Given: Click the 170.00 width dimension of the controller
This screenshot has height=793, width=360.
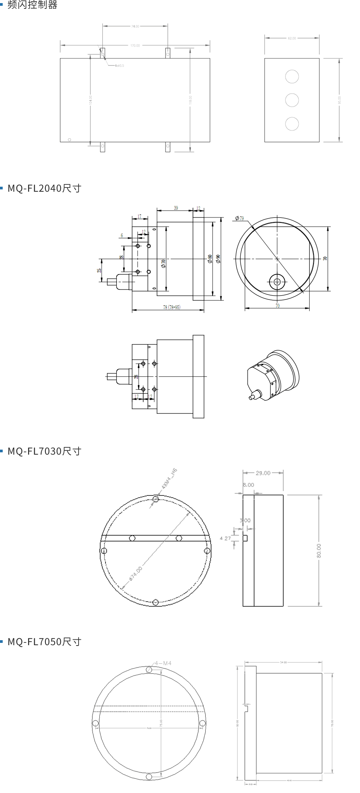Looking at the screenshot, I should pos(135,45).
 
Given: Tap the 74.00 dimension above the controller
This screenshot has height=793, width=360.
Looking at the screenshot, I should pos(135,26).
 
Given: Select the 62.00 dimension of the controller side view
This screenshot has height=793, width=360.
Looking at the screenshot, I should pos(292,38).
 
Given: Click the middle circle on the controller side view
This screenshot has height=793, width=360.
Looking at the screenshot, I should pos(292,100).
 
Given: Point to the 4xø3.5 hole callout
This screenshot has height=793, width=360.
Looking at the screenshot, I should pos(119,66).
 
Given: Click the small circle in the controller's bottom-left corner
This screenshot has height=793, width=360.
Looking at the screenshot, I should pos(69,140).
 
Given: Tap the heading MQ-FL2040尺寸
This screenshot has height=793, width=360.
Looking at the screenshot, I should pos(44,188).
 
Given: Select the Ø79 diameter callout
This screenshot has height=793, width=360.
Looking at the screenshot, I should pos(239,218).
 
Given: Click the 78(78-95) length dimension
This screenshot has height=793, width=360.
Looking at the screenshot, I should pos(171,307).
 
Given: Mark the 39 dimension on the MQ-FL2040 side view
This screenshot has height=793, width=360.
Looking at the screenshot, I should pos(176,208).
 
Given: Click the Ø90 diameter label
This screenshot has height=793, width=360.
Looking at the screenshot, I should pos(218,259).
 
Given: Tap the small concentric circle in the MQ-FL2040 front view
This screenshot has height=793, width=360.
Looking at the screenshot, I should pos(277,282).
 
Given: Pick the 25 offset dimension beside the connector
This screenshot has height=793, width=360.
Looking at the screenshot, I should pos(99,271).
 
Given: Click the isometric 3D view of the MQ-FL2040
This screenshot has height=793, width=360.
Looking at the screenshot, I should pos(273,375).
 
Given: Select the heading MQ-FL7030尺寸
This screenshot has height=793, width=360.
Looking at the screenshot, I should pos(44,451).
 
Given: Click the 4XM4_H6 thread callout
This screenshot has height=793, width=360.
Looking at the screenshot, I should pos(169,478).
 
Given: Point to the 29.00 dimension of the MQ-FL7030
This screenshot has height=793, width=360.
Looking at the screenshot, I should pos(263,473).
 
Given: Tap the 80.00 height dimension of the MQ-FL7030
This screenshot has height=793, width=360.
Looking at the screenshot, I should pos(319,551).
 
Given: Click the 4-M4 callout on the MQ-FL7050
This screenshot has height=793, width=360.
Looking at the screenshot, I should pos(163,663).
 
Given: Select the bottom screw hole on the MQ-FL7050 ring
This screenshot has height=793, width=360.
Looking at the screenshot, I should pos(149,777).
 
